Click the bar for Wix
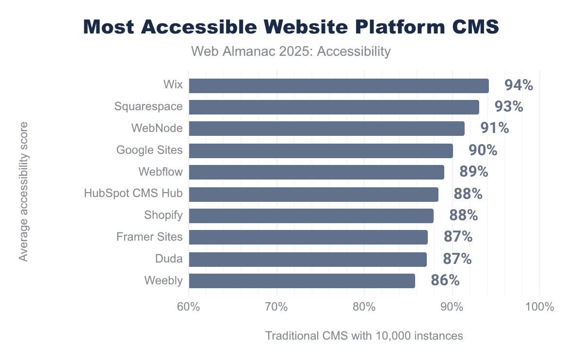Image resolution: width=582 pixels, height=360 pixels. (x=339, y=85)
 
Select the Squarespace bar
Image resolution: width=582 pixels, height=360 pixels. (x=334, y=107)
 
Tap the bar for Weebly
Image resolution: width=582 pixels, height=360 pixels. (x=302, y=281)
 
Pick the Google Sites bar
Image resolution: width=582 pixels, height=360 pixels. (x=321, y=150)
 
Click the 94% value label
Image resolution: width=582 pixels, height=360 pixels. (x=518, y=85)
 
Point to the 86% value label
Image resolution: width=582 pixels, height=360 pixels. (x=445, y=280)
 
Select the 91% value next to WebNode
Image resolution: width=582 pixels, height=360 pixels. (x=494, y=129)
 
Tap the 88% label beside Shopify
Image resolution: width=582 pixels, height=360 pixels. (x=463, y=215)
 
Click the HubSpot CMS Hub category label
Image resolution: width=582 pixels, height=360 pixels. (x=133, y=194)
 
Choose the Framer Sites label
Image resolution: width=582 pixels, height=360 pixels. (x=149, y=237)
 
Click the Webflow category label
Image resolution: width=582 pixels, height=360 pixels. (x=160, y=172)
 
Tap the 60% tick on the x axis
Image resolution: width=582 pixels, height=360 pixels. (x=189, y=307)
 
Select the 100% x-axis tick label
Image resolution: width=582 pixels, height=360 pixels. (x=539, y=307)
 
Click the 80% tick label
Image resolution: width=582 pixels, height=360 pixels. (x=364, y=307)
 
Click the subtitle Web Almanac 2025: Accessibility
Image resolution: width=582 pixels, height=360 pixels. (x=291, y=51)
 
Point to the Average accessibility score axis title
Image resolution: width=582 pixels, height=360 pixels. (x=23, y=192)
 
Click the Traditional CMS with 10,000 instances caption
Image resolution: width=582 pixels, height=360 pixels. (x=364, y=336)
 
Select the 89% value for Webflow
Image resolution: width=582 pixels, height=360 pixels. (x=473, y=172)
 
